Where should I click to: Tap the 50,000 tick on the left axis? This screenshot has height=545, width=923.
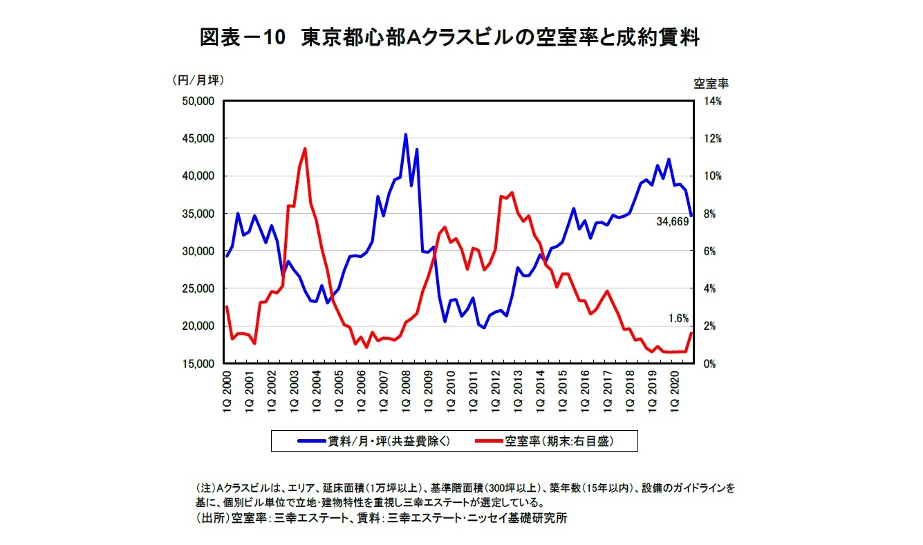[x=198, y=101]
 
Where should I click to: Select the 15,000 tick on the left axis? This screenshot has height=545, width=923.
[x=198, y=363]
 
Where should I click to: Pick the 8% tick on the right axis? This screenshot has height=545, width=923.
[x=711, y=214]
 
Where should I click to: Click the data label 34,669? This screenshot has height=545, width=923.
[x=671, y=222]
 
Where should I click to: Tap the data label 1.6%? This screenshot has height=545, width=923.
[x=678, y=319]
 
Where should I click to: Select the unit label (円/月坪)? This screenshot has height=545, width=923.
[x=197, y=80]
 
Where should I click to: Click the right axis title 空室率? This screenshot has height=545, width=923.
[x=711, y=83]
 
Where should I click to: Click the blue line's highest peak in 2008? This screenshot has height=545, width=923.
[x=405, y=135]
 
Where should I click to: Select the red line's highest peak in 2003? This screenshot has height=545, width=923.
[x=305, y=149]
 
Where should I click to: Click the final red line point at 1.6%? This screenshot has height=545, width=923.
[x=691, y=333]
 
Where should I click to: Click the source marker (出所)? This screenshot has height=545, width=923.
[x=212, y=518]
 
